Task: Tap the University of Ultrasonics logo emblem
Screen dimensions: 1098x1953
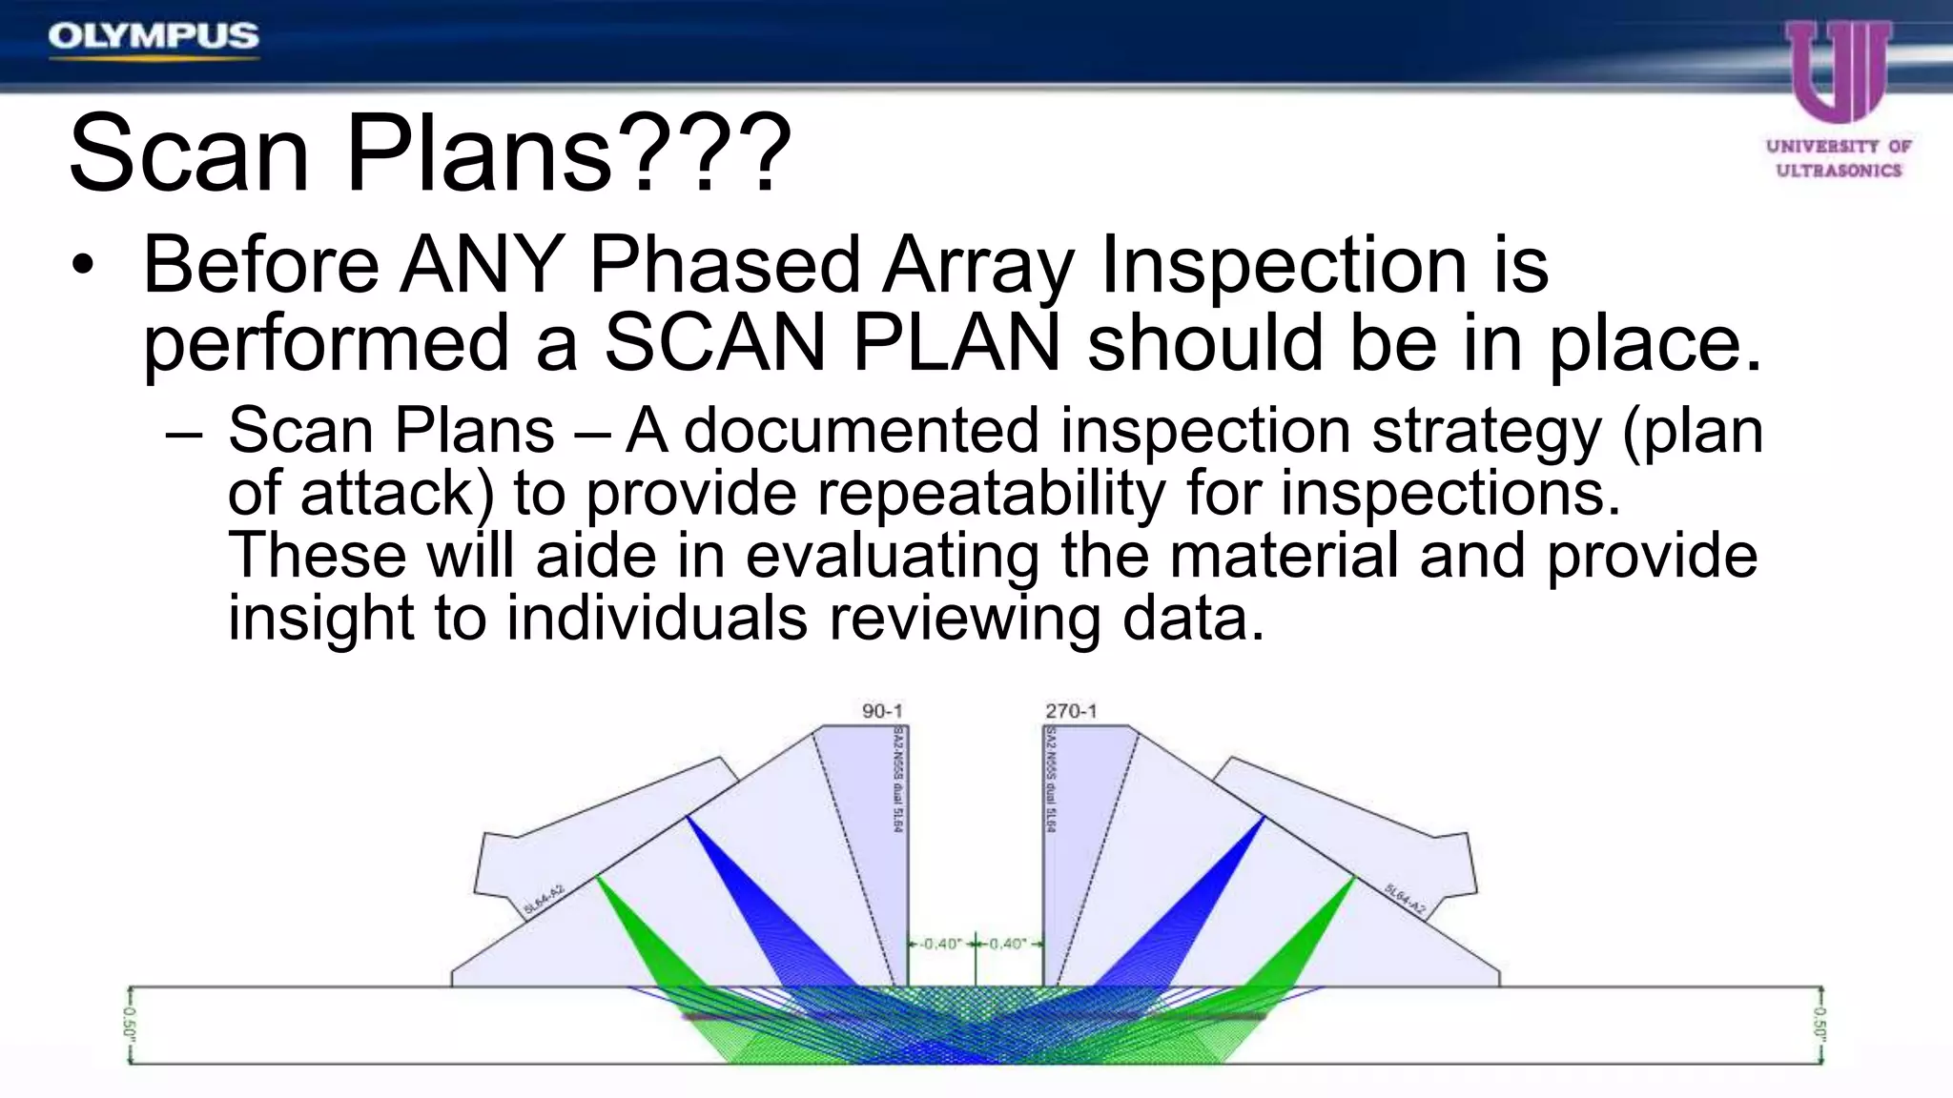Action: (x=1839, y=71)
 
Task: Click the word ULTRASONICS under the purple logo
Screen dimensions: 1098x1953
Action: (x=1839, y=171)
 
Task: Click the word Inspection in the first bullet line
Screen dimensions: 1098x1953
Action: (x=1283, y=266)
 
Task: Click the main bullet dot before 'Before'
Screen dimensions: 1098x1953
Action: (x=84, y=266)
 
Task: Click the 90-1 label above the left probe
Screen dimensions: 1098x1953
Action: (x=882, y=711)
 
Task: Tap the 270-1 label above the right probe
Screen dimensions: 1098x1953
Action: (x=1071, y=711)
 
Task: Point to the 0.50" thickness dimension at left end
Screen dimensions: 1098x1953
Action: (x=130, y=1025)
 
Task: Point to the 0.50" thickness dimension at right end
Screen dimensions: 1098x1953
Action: (x=1819, y=1025)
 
